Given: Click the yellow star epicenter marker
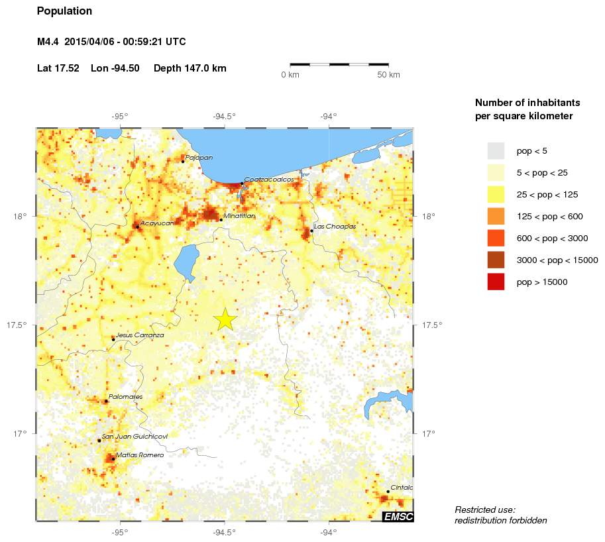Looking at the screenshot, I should (x=225, y=319).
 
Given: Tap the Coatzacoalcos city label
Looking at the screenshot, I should (x=268, y=180).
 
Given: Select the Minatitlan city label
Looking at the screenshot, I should (x=239, y=216).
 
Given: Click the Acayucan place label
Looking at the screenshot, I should (x=157, y=223).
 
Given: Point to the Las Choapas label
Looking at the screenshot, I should (x=335, y=227).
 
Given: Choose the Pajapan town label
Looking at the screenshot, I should (x=199, y=158).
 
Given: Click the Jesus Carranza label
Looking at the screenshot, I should (x=139, y=335).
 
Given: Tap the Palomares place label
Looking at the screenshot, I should (x=125, y=397).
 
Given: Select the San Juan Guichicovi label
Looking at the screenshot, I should (x=134, y=437).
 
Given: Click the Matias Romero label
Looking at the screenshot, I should (x=139, y=455).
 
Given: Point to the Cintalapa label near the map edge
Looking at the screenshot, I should (x=402, y=488).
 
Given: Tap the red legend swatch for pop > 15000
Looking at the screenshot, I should (x=496, y=282).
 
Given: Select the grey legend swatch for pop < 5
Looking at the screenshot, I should (x=496, y=150).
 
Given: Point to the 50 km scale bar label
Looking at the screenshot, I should (x=388, y=75).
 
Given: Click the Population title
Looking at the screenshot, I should (x=64, y=11).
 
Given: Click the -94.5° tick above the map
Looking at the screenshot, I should (x=225, y=117).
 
